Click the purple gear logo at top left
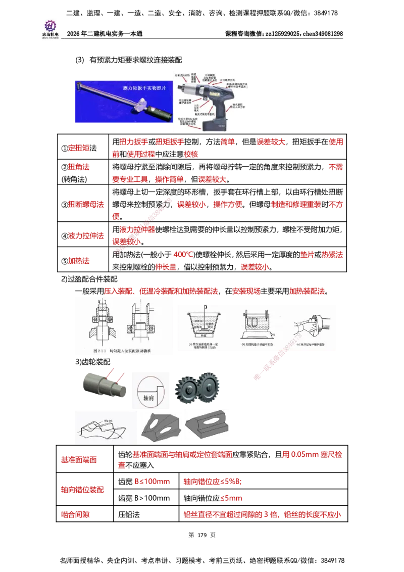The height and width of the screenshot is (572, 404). [x=50, y=25]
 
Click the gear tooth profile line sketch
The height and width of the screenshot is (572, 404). [x=104, y=427]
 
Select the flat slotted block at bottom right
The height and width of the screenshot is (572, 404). [x=207, y=425]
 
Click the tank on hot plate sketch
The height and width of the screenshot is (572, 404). [x=258, y=325]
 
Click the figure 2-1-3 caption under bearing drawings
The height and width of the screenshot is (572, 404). [x=122, y=350]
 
